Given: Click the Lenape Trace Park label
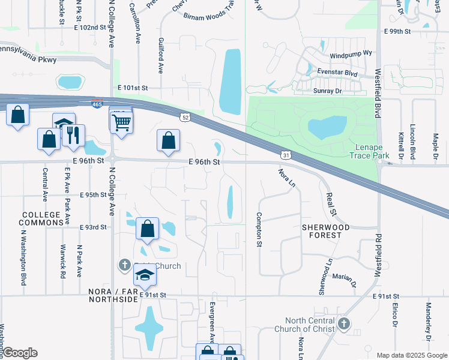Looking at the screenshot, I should [x=369, y=151].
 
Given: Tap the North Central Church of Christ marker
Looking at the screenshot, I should [x=343, y=325].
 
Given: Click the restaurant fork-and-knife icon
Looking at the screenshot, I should [x=73, y=135].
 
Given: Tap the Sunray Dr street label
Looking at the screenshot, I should [x=327, y=91].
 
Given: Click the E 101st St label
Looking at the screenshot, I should [x=133, y=88].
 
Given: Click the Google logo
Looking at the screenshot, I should [x=19, y=353].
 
